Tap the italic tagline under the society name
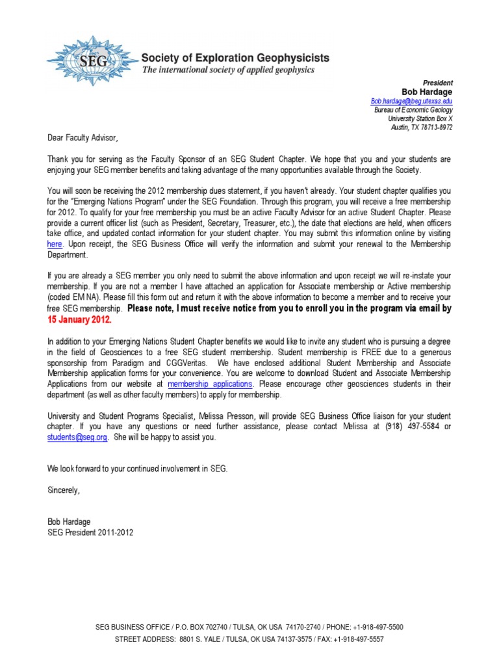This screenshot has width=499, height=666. (x=228, y=70)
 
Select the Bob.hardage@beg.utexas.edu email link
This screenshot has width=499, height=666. (x=411, y=101)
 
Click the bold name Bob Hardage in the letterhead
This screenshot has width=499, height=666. (x=428, y=92)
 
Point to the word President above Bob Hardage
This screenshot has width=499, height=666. (x=438, y=83)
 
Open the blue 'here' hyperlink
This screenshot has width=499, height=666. (x=55, y=243)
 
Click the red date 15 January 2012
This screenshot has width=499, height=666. (x=79, y=320)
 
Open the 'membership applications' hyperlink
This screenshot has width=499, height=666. (x=209, y=384)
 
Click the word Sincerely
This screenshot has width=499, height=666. (x=64, y=490)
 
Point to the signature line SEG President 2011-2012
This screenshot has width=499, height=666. (x=90, y=532)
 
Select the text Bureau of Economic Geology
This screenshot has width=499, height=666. (x=413, y=111)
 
